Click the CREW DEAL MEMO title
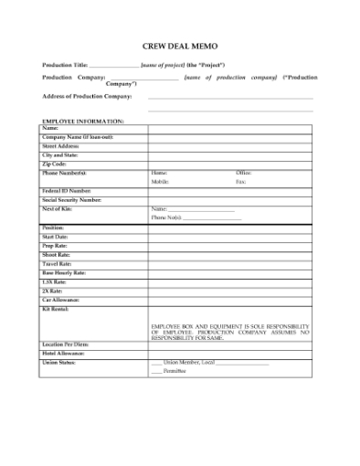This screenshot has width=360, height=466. pyautogui.click(x=180, y=45)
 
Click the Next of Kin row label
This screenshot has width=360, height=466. pyautogui.click(x=59, y=208)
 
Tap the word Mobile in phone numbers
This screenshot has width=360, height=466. pyautogui.click(x=160, y=182)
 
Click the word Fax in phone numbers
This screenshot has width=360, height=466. pyautogui.click(x=241, y=182)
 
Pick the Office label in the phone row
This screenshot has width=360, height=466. pyautogui.click(x=243, y=173)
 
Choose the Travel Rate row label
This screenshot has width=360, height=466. pyautogui.click(x=58, y=264)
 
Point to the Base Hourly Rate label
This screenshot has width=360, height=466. pyautogui.click(x=64, y=273)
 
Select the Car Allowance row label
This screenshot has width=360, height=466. pyautogui.click(x=62, y=300)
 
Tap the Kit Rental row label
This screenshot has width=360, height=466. pyautogui.click(x=58, y=309)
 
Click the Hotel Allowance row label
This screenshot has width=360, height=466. pyautogui.click(x=64, y=353)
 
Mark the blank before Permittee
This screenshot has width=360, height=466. pyautogui.click(x=156, y=371)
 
